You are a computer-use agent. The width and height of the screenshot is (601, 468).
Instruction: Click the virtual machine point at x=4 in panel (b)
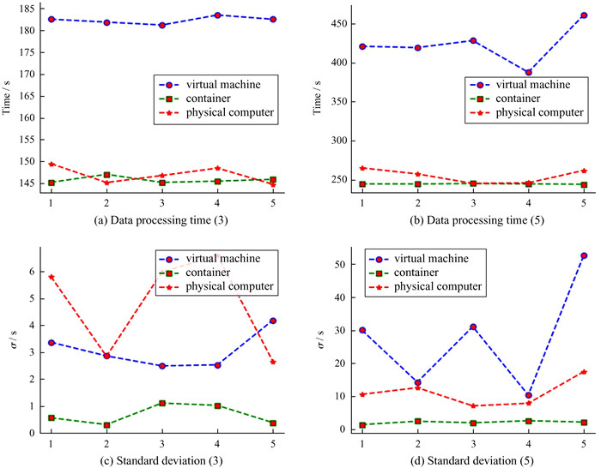(529, 73)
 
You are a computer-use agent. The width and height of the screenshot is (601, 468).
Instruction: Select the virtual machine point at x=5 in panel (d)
(583, 255)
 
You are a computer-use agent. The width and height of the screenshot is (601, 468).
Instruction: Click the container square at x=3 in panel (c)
(161, 403)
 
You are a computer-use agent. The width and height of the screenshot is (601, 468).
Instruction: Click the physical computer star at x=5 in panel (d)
(583, 372)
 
